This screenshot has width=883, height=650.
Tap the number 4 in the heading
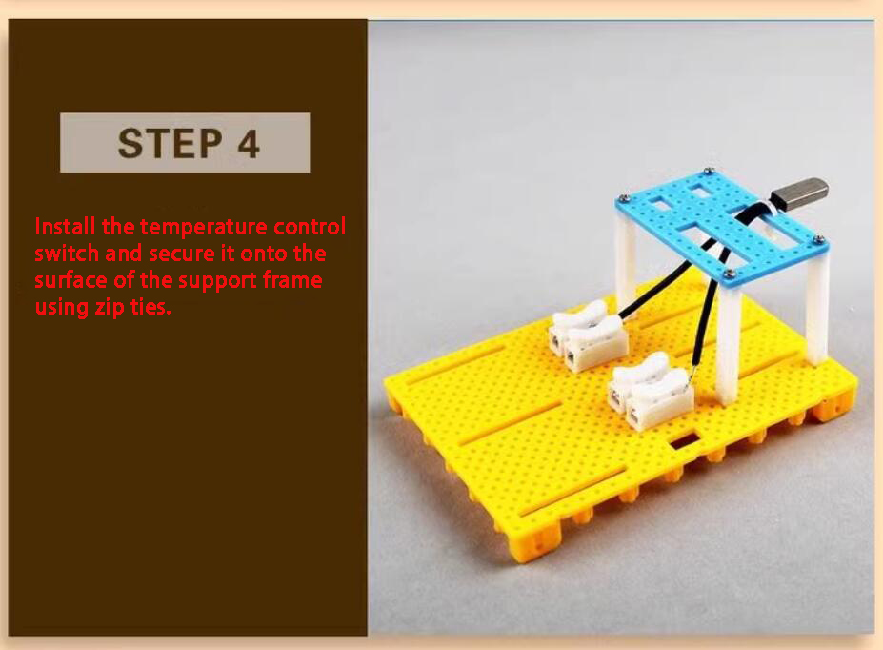(248, 143)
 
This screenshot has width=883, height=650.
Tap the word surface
(68, 281)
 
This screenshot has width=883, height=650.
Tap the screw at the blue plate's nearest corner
(729, 274)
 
